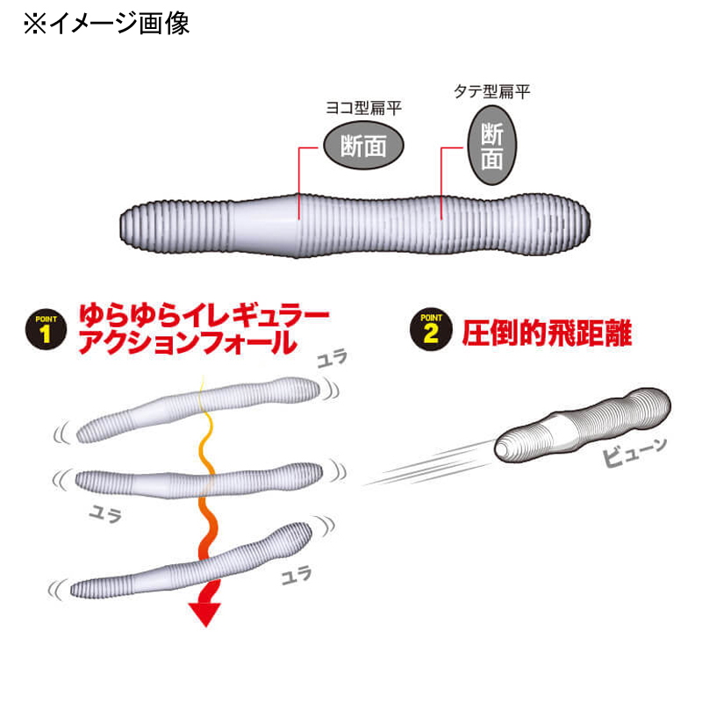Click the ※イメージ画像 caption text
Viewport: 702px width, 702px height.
click(x=106, y=24)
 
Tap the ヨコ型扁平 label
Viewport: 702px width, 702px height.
click(x=363, y=108)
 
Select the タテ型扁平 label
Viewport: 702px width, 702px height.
click(x=492, y=91)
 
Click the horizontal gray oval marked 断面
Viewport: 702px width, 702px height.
click(x=363, y=146)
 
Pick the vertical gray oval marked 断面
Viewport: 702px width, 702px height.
click(x=492, y=146)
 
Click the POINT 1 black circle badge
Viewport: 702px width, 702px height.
click(x=47, y=329)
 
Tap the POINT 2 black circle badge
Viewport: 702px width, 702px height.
click(x=431, y=329)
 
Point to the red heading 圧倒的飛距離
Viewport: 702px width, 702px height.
click(x=547, y=333)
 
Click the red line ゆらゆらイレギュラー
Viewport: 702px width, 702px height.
click(x=204, y=316)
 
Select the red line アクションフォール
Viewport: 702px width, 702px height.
click(x=188, y=343)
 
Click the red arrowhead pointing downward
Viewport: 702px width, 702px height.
click(x=204, y=614)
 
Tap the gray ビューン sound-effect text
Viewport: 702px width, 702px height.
click(x=634, y=452)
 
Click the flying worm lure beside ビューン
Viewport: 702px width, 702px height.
click(x=583, y=425)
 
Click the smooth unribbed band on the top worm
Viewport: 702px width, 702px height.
click(x=264, y=226)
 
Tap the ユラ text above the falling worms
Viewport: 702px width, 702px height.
click(x=333, y=359)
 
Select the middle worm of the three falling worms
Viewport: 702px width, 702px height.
click(x=199, y=481)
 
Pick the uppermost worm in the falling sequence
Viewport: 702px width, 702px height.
click(x=199, y=409)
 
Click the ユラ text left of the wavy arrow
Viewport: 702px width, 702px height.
click(x=105, y=513)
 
